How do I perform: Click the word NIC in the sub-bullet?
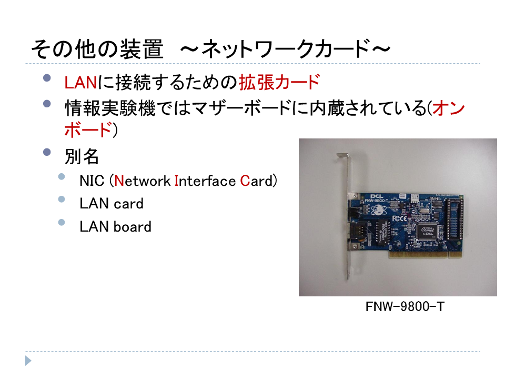(92, 181)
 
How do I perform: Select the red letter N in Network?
(119, 181)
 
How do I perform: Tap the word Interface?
(205, 181)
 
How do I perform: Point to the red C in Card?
(245, 181)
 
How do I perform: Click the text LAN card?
(112, 204)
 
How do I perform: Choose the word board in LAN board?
(132, 226)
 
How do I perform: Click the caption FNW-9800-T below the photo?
(405, 306)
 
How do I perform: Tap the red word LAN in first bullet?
(80, 83)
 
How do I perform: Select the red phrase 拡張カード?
(279, 82)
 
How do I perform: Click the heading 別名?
(82, 157)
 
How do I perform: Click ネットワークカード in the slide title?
(285, 49)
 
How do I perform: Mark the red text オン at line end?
(449, 107)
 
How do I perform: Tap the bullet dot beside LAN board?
(62, 222)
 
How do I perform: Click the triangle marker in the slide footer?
(28, 361)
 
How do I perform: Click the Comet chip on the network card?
(427, 231)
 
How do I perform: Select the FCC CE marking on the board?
(399, 218)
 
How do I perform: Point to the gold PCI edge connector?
(418, 255)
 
